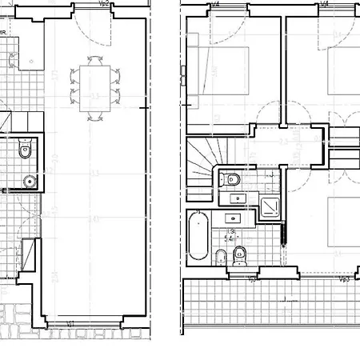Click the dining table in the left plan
(x=96, y=83)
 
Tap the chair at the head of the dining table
(x=96, y=60)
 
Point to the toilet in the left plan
(x=24, y=149)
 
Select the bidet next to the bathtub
(x=220, y=256)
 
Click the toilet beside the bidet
(x=238, y=255)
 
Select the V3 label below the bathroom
(x=253, y=280)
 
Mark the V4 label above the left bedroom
(x=216, y=4)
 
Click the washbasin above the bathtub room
(x=234, y=217)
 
